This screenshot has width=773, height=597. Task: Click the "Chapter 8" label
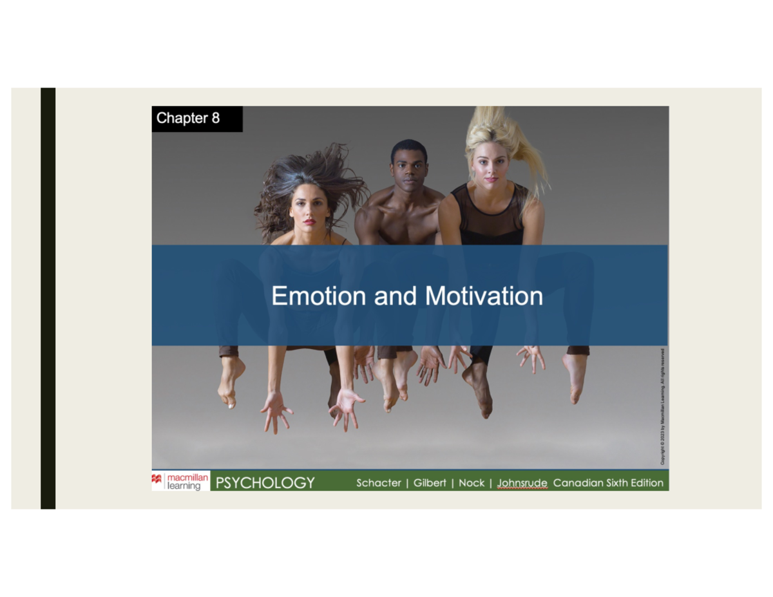pos(187,118)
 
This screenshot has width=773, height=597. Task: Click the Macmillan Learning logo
pos(180,482)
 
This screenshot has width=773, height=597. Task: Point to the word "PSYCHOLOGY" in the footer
pos(265,483)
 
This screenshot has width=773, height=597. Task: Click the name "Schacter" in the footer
pos(378,483)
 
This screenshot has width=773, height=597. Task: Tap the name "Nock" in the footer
pos(472,483)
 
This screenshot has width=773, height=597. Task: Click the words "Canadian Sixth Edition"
pos(608,483)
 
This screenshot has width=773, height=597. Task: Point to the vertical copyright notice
pos(662,406)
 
